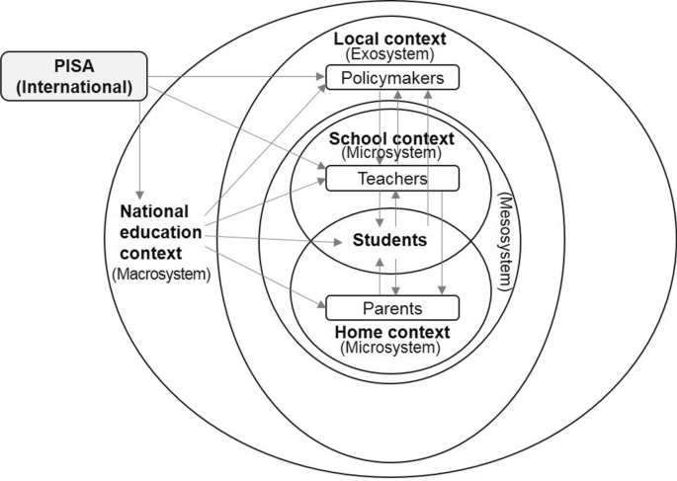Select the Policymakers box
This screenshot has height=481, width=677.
pyautogui.click(x=392, y=77)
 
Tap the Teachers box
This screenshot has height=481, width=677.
pyautogui.click(x=392, y=179)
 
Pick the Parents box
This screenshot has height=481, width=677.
pyautogui.click(x=392, y=306)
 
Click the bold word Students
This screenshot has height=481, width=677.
pyautogui.click(x=392, y=240)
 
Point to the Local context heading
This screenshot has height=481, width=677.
pyautogui.click(x=389, y=39)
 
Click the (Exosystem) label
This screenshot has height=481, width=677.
pyautogui.click(x=390, y=53)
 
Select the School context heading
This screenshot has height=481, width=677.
pyautogui.click(x=392, y=138)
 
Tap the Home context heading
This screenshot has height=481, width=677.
pyautogui.click(x=392, y=332)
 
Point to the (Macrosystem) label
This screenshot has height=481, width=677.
pyautogui.click(x=161, y=275)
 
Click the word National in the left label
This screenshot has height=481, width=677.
pyautogui.click(x=161, y=210)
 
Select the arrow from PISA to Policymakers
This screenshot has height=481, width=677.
pyautogui.click(x=237, y=74)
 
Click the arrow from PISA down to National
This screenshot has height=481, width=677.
pyautogui.click(x=142, y=148)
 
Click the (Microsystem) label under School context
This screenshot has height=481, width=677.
pyautogui.click(x=392, y=153)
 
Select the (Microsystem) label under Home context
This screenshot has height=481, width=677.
pyautogui.click(x=392, y=347)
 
